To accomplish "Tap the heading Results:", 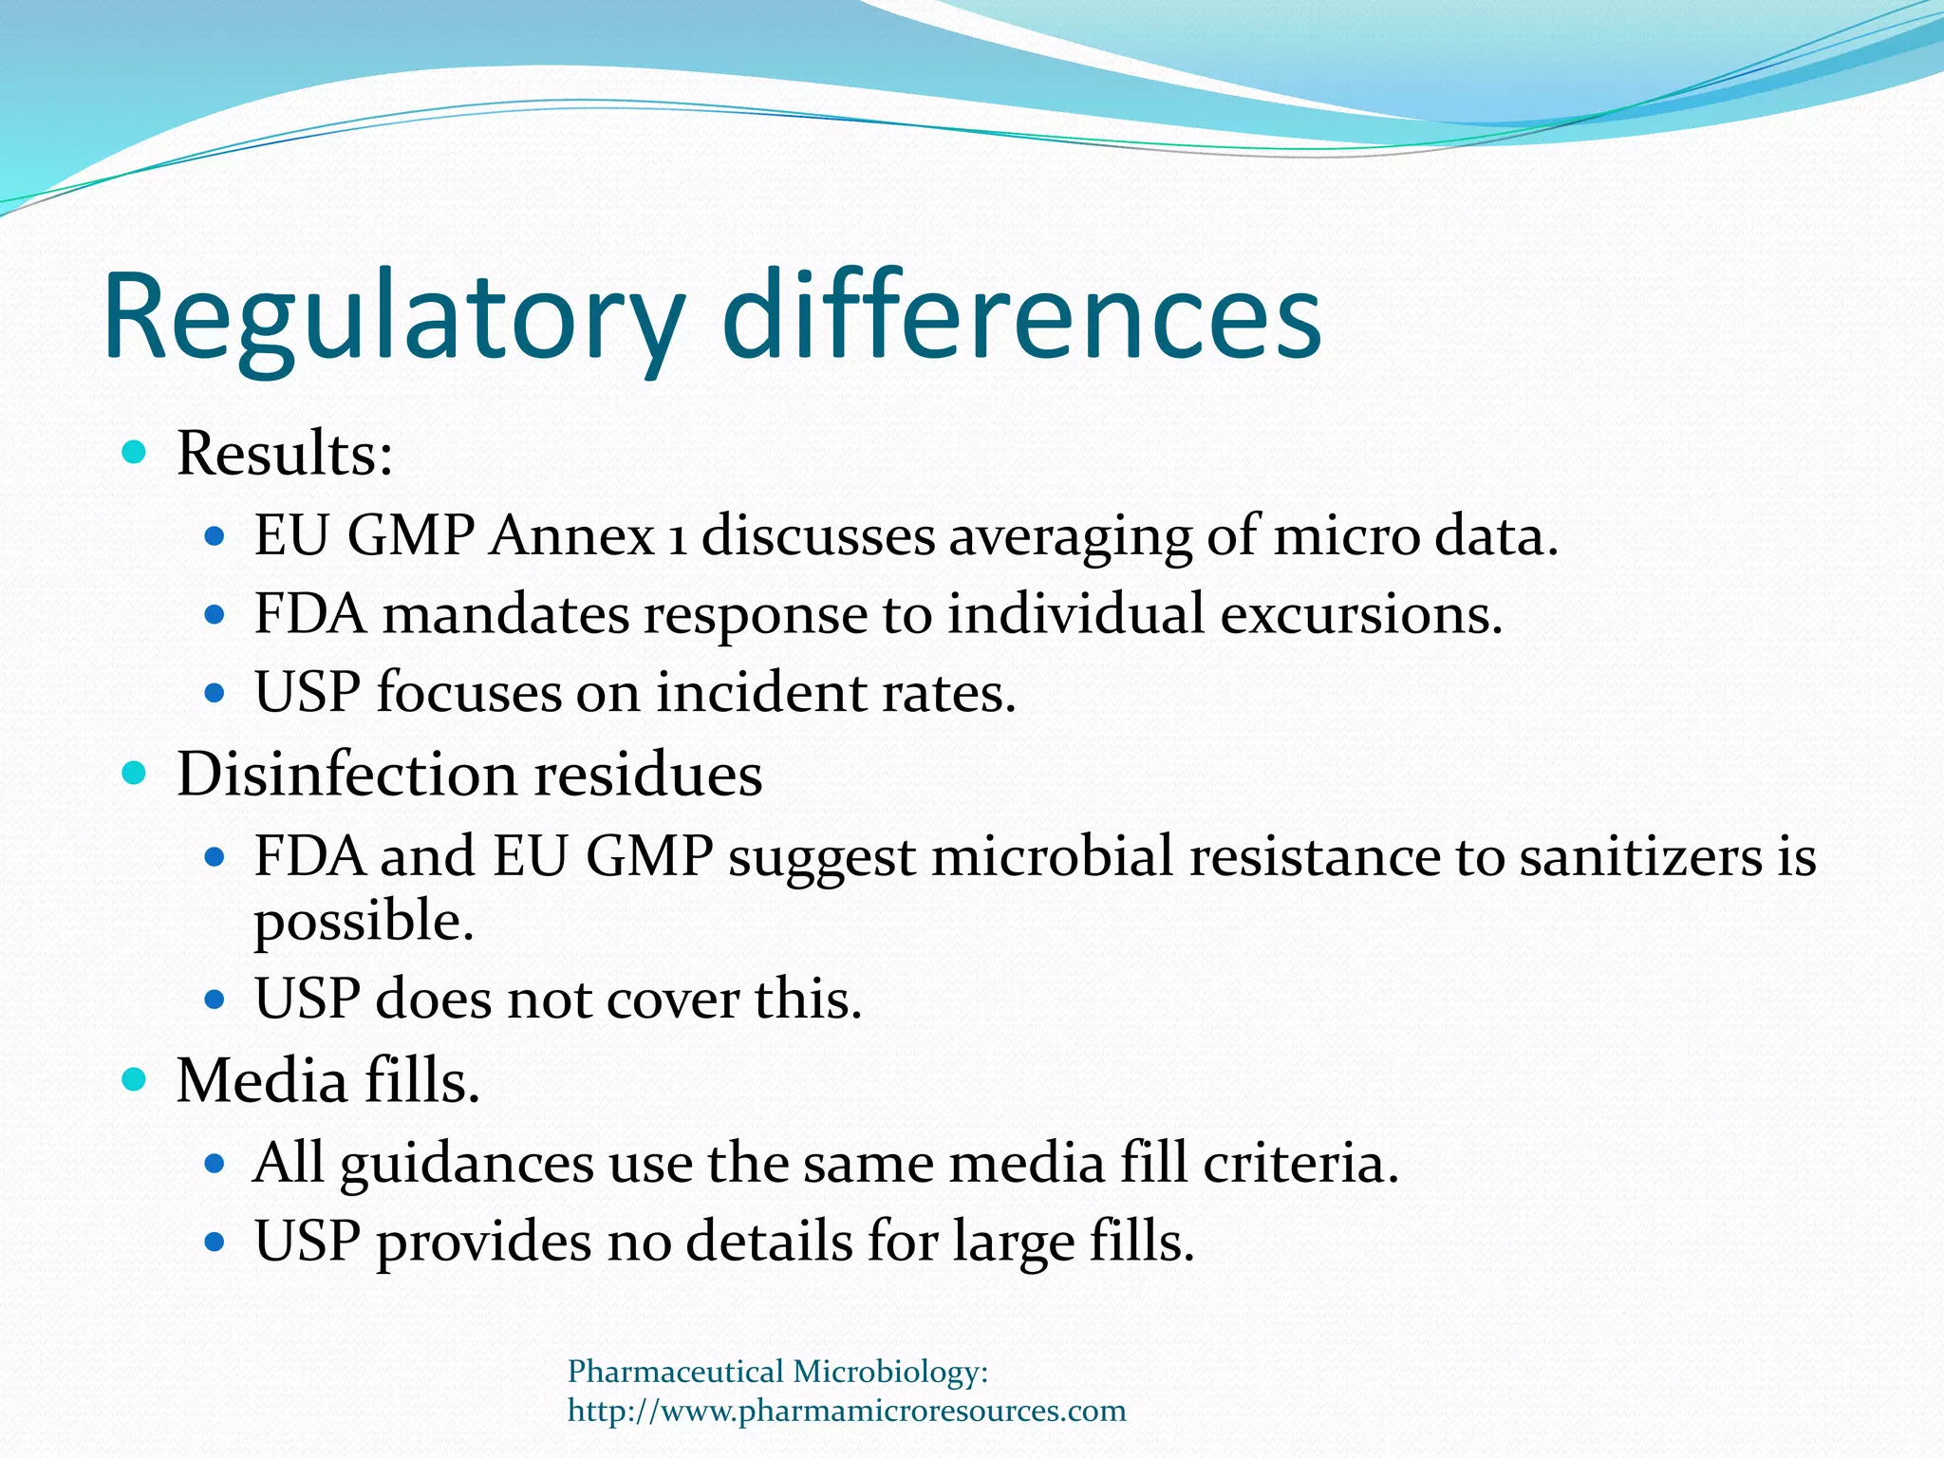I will [x=285, y=453].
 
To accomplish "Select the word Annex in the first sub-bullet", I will [x=572, y=535].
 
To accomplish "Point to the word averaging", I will [x=1070, y=537].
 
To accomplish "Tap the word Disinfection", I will [x=346, y=774].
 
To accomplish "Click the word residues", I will [x=648, y=774].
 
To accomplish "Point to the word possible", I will [x=364, y=922].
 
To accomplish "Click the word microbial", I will [x=1053, y=856].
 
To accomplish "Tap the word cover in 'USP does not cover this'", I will [x=673, y=1000].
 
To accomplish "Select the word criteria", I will [x=1300, y=1163].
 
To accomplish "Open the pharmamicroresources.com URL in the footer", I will [x=847, y=1411].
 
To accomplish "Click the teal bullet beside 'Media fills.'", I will [x=136, y=1079].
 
